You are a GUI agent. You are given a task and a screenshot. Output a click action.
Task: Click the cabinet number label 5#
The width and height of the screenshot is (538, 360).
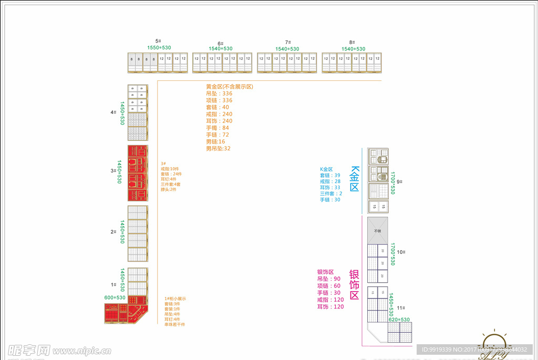pyautogui.click(x=158, y=41)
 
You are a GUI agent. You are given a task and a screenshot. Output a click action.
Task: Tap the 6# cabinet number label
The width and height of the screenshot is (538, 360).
pyautogui.click(x=221, y=43)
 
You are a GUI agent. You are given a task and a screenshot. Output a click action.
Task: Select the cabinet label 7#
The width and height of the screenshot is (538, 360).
pyautogui.click(x=287, y=42)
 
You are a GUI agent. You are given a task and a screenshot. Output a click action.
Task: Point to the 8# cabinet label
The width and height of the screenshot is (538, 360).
pyautogui.click(x=351, y=42)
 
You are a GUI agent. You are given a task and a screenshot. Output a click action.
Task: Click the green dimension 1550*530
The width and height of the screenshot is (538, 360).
pyautogui.click(x=159, y=48)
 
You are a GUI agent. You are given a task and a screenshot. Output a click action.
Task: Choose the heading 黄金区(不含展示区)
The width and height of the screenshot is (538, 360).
pyautogui.click(x=230, y=87)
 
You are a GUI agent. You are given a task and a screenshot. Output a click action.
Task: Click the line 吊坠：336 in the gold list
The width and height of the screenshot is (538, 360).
pyautogui.click(x=219, y=94)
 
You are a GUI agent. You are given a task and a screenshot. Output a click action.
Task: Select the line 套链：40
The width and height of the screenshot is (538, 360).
pyautogui.click(x=218, y=107)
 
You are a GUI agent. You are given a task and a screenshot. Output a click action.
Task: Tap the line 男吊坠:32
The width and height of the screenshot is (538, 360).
pyautogui.click(x=218, y=148)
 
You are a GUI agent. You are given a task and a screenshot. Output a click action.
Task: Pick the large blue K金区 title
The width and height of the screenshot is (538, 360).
pyautogui.click(x=354, y=179)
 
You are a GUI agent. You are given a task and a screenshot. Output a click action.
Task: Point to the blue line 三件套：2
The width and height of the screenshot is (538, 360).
pyautogui.click(x=331, y=193)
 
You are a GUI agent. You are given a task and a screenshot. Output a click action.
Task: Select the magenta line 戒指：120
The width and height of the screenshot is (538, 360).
pyautogui.click(x=330, y=300)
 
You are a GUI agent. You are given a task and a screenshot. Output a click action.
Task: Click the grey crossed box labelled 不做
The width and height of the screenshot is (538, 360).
pyautogui.click(x=377, y=231)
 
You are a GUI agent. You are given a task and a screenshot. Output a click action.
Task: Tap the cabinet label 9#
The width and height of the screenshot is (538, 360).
pyautogui.click(x=399, y=182)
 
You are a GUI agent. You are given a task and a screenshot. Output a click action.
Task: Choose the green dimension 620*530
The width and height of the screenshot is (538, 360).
pyautogui.click(x=399, y=320)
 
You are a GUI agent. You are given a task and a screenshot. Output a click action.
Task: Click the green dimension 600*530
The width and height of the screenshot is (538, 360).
pyautogui.click(x=115, y=297)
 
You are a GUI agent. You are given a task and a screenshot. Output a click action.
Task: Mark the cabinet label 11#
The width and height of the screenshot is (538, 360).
pyautogui.click(x=401, y=308)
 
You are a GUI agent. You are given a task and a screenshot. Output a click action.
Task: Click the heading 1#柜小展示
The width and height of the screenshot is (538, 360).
pyautogui.click(x=175, y=299)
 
